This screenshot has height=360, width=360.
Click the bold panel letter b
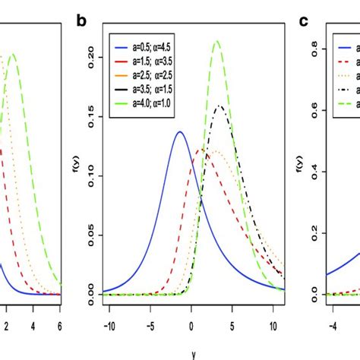[x=83, y=22]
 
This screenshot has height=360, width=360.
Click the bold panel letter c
[x=303, y=22]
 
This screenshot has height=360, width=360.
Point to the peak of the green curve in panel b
[x=217, y=41]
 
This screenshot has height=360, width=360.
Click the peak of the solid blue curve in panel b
[x=180, y=131]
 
